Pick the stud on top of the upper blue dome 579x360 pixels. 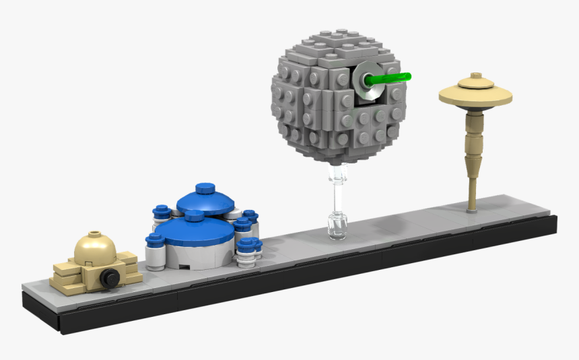pos(202,188)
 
